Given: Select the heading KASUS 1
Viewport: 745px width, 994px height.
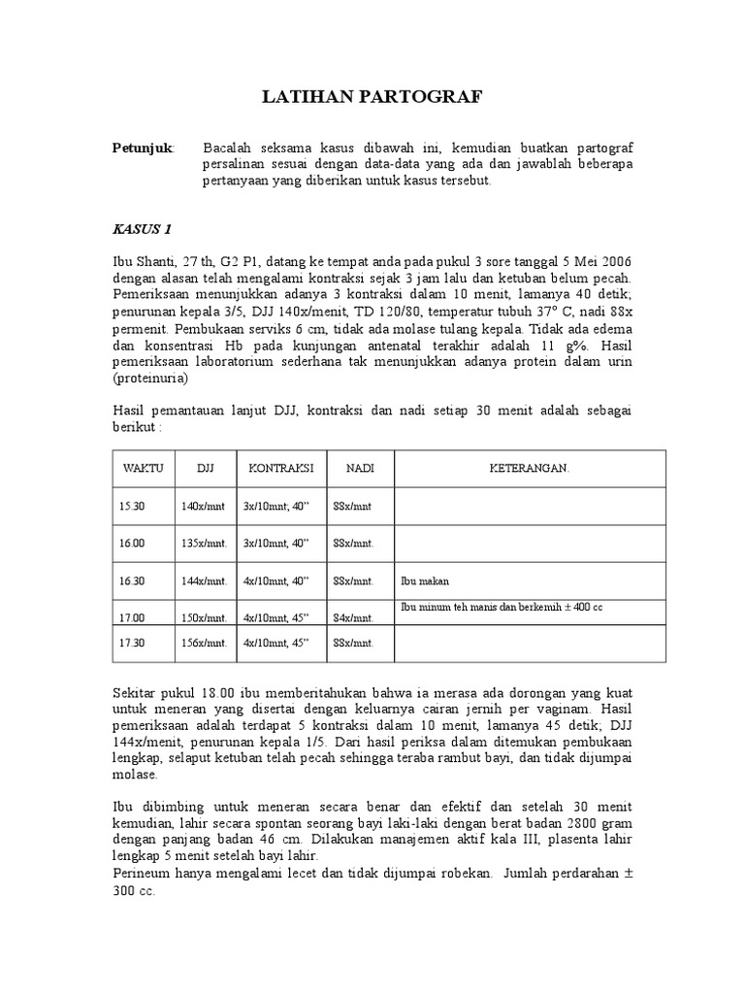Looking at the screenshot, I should point(142,230).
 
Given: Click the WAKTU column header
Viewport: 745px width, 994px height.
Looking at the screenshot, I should point(143,468).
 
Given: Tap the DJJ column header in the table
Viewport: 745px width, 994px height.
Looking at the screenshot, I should point(205,468).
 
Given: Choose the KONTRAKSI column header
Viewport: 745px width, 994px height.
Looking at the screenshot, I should point(281,468).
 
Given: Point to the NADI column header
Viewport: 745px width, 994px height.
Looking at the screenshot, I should point(360,468).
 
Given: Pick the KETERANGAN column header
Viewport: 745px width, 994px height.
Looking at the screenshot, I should point(530,468).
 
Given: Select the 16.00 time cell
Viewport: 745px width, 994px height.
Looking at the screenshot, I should point(132,544).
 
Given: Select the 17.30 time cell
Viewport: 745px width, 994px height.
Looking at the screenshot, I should point(132,644).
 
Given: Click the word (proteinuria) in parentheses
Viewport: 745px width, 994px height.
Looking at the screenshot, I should point(146,377).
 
